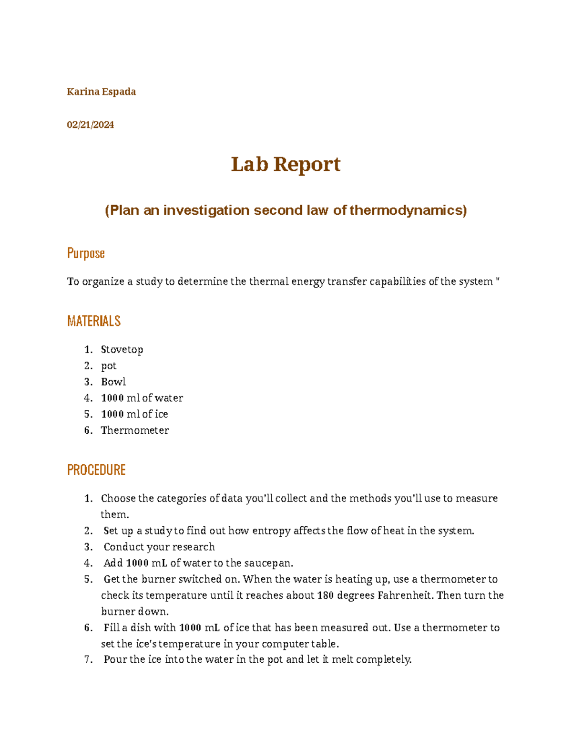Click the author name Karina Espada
101,92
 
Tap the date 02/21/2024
90,125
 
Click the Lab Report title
286,165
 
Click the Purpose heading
86,253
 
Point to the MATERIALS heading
94,321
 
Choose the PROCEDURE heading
96,470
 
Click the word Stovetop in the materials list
122,350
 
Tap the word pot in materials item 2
109,366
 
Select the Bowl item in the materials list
113,382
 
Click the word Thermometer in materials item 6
135,430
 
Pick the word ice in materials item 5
161,414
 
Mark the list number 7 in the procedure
88,660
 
